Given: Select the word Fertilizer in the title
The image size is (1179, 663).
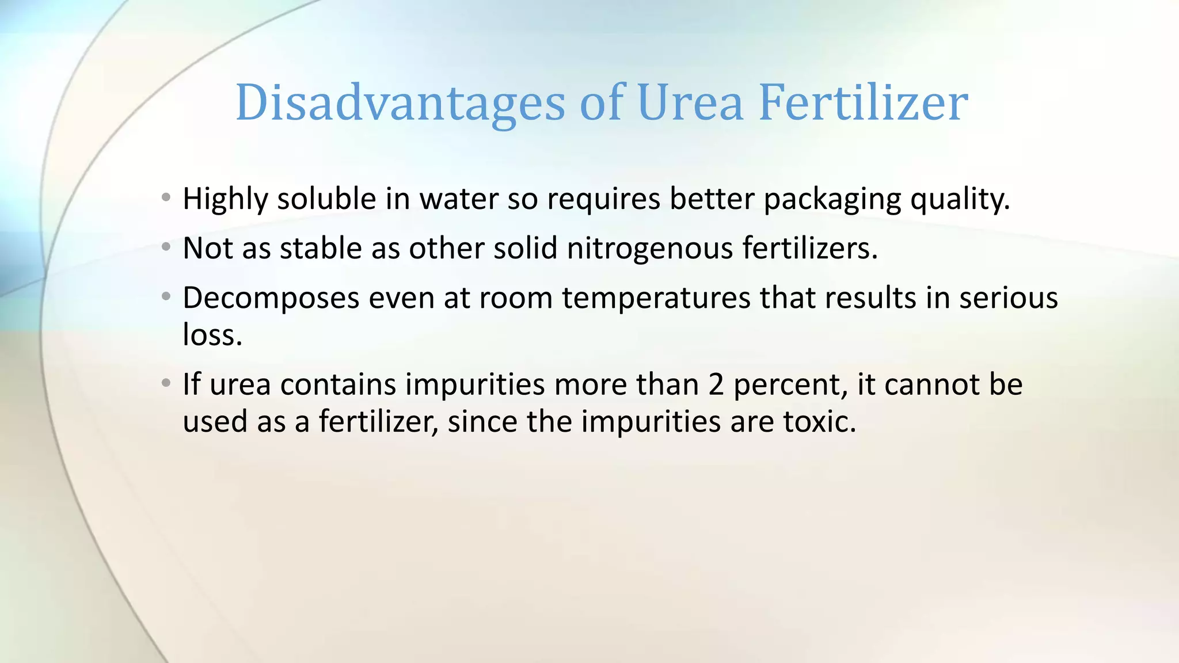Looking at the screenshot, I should click(863, 104).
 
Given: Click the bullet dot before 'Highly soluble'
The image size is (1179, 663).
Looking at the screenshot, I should click(166, 198).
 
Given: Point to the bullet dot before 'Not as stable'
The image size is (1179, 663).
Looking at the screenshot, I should click(166, 247).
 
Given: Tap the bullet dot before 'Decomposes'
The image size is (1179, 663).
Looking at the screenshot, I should click(166, 297).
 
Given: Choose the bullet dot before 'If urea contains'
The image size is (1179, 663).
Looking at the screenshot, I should click(166, 383).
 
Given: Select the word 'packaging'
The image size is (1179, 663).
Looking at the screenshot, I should click(831, 200).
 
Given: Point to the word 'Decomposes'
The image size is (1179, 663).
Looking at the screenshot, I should click(271, 299).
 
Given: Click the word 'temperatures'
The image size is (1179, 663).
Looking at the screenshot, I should click(656, 299).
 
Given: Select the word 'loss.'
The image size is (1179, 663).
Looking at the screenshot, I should click(212, 334).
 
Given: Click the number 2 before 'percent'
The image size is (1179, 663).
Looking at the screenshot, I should click(716, 384).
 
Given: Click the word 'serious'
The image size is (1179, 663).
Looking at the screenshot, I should click(1008, 298).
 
